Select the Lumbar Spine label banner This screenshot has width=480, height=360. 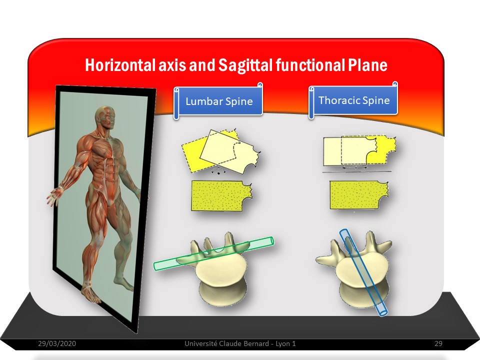click(x=218, y=101)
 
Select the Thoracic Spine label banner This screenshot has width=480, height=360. click(x=353, y=100)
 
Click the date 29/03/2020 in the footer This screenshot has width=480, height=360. click(x=57, y=343)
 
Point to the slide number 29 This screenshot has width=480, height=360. click(x=438, y=343)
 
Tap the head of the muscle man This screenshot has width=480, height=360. click(x=105, y=117)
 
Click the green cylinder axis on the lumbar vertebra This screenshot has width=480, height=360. click(x=213, y=253)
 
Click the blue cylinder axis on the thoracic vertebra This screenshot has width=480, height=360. click(x=363, y=272)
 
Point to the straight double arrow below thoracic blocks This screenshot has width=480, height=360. click(x=354, y=168)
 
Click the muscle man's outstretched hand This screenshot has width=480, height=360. click(x=54, y=196)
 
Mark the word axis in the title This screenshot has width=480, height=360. click(x=171, y=65)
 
